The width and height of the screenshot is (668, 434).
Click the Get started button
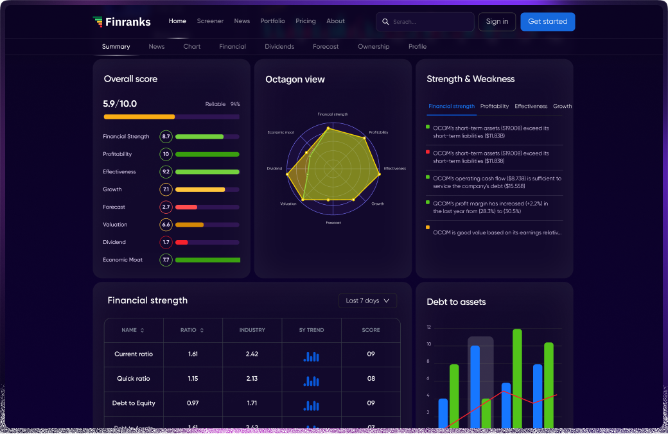547,22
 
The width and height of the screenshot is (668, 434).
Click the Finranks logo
121,22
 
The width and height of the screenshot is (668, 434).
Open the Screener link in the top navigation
210,21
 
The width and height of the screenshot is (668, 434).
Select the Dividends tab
279,47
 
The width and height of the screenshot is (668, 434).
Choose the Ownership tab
373,47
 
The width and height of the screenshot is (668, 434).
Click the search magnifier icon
385,22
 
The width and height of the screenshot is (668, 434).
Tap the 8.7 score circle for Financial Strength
166,137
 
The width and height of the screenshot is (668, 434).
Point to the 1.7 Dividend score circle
166,242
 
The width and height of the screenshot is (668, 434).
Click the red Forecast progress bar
186,207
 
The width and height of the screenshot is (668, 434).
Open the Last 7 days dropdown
367,300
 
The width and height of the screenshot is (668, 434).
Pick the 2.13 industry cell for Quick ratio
252,379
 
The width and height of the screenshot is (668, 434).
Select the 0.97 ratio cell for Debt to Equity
193,403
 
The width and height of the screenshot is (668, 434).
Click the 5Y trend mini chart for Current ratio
312,356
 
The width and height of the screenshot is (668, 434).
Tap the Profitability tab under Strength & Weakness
495,107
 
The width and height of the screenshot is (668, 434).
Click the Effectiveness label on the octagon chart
395,169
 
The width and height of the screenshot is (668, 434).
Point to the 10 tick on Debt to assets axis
429,345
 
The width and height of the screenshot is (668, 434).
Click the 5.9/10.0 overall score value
120,104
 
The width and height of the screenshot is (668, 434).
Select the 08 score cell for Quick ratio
371,379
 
